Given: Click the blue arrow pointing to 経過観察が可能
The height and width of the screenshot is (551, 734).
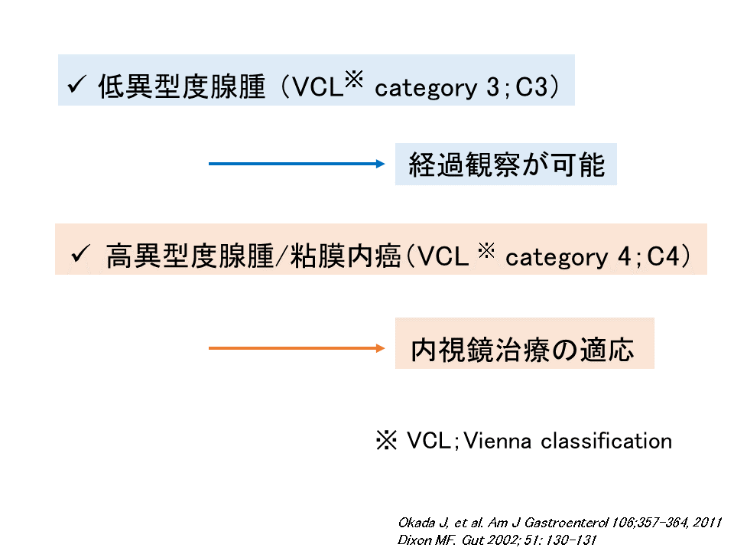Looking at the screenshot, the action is [x=297, y=164].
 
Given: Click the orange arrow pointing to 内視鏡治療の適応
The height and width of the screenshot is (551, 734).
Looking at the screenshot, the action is [x=297, y=348].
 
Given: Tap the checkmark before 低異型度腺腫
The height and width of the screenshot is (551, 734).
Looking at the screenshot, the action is [x=76, y=85].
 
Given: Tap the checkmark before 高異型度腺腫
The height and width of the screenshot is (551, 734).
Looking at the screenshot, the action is [x=80, y=254].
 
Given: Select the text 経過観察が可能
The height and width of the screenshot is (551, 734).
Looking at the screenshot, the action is [x=506, y=165].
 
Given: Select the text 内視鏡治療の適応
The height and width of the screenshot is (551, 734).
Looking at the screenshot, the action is [x=522, y=350].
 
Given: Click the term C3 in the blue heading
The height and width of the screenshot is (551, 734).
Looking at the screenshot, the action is [x=531, y=87].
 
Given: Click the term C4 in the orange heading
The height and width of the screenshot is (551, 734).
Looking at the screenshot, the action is [x=663, y=256].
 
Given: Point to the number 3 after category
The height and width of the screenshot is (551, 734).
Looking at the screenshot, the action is [x=492, y=87].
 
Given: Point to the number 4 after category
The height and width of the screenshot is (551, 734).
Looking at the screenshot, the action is [x=625, y=256].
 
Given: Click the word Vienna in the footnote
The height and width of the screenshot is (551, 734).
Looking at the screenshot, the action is [x=498, y=441].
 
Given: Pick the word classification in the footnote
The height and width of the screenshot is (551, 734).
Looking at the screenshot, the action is [x=606, y=441].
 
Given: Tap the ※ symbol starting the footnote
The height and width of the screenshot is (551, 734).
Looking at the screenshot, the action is [x=386, y=441].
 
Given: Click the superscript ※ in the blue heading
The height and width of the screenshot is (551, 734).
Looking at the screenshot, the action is [x=354, y=79].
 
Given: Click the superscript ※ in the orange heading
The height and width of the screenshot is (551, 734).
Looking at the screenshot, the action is [x=486, y=251].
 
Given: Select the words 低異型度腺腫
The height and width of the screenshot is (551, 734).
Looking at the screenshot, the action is [x=182, y=86].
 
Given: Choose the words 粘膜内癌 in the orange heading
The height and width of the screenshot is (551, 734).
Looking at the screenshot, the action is [x=346, y=256].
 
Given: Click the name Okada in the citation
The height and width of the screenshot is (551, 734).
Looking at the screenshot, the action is [x=417, y=523].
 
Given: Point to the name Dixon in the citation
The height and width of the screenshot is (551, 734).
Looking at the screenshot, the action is [x=414, y=540].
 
